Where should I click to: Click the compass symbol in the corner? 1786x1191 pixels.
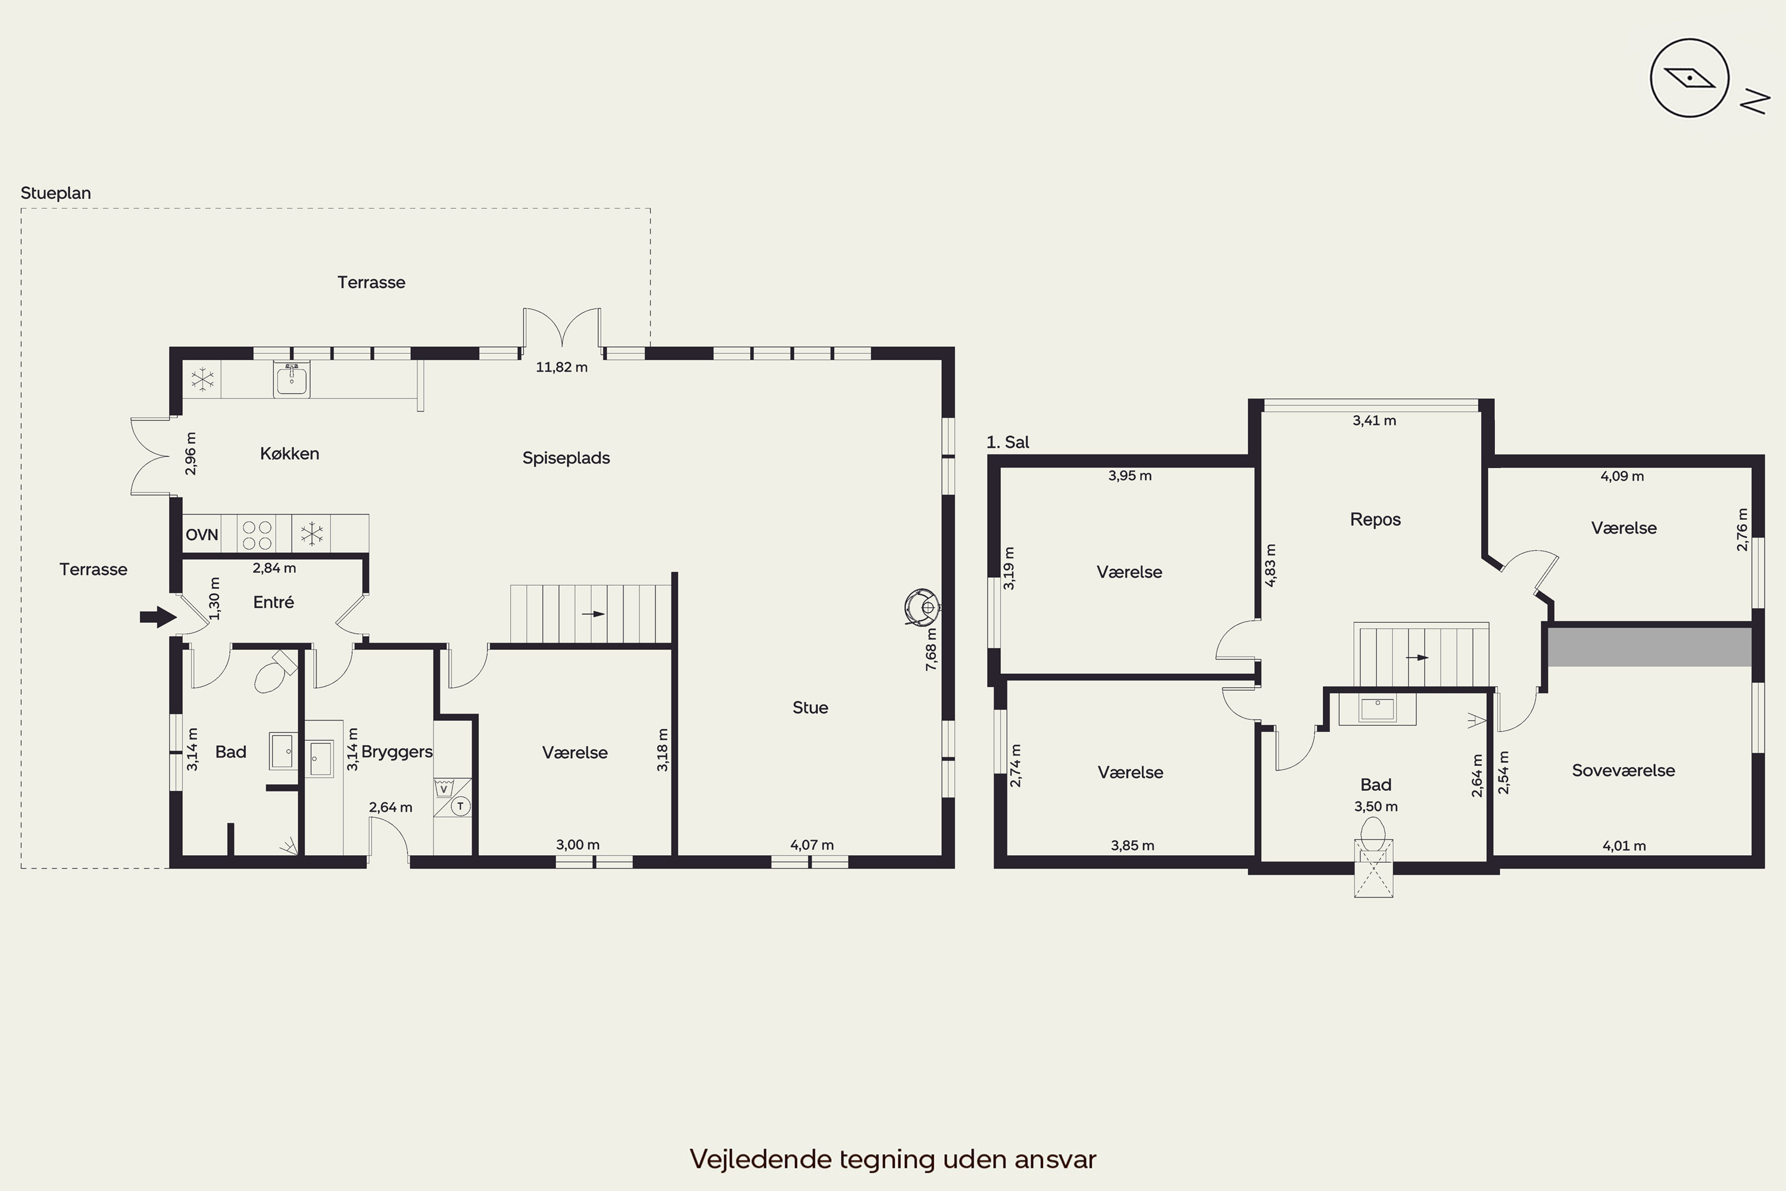click(x=1689, y=78)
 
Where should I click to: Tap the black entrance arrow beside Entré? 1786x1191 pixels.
click(x=158, y=617)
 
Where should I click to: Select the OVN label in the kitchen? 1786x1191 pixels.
click(x=202, y=535)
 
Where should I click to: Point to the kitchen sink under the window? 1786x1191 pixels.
click(x=292, y=380)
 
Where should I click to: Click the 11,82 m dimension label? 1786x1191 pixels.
click(x=562, y=367)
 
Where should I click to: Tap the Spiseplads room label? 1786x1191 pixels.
click(x=567, y=458)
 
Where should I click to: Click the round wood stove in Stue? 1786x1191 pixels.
click(x=923, y=607)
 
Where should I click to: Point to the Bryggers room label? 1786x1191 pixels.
click(x=397, y=752)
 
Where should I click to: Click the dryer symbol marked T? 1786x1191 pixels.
click(x=460, y=806)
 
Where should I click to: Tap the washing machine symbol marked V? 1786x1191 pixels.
click(x=444, y=788)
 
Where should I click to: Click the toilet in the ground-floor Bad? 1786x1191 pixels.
click(x=273, y=672)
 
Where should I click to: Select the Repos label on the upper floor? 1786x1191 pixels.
click(x=1375, y=519)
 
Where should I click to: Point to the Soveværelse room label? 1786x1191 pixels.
click(x=1623, y=770)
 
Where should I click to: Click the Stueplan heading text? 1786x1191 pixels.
click(x=55, y=194)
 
